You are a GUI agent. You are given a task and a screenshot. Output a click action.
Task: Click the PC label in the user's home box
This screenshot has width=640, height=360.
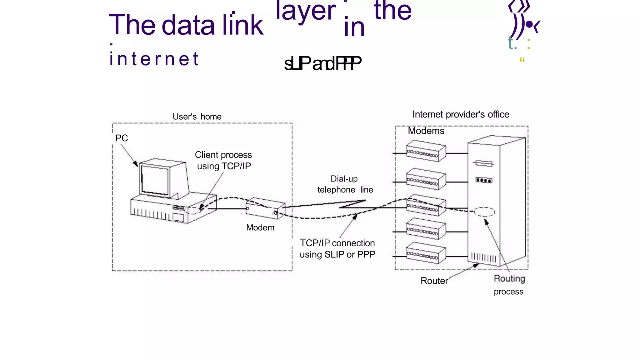coord(122,138)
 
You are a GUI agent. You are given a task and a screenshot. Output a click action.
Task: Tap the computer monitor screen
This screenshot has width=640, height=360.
coord(155,180)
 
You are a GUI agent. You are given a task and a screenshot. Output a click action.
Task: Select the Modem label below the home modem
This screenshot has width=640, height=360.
coord(260,227)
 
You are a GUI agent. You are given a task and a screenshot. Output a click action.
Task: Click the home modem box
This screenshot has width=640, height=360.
coord(265,208)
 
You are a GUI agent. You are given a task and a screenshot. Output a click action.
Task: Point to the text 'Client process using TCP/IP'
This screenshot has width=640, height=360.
coord(223,160)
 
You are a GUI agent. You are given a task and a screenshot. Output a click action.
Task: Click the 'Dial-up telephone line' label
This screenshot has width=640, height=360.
coord(345,184)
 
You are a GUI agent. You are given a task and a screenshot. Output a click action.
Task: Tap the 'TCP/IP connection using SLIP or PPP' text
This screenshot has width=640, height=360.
coord(337,249)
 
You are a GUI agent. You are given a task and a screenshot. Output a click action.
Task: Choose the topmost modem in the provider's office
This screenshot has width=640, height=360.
coord(426,151)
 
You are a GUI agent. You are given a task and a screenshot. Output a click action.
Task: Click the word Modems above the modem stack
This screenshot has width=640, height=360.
coord(426,131)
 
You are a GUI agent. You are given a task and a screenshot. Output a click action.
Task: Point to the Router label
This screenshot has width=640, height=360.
coord(434,281)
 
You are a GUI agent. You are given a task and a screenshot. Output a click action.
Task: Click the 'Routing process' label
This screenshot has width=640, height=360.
coord(509,285)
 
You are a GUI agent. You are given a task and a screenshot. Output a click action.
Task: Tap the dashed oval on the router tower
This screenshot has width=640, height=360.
coord(484,212)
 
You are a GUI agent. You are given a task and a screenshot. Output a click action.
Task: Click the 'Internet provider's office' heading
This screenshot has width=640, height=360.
coord(461,114)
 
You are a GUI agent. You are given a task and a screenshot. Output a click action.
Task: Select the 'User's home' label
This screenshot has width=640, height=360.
coord(197,117)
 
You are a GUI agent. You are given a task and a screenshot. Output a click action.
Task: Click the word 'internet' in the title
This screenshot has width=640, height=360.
coord(154,59)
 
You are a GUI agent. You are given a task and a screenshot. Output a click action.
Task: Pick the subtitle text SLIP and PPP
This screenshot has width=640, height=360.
coord(322,63)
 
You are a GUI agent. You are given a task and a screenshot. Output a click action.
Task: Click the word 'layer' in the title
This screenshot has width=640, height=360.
coord(306,11)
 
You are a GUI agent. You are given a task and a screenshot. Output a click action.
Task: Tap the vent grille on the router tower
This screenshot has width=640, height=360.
coord(483,258)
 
